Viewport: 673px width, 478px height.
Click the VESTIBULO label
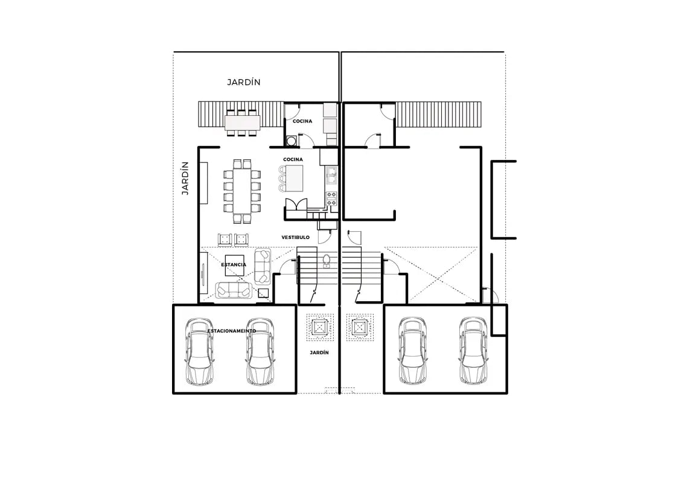click(x=295, y=237)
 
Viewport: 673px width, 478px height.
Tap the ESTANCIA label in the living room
click(x=234, y=265)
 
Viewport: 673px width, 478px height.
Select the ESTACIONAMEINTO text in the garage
click(x=232, y=331)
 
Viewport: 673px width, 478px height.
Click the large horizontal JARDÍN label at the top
click(x=244, y=82)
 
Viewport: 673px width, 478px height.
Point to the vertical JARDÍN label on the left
click(x=186, y=177)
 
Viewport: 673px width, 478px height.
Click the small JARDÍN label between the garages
click(x=319, y=352)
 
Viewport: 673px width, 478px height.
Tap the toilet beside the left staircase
click(x=327, y=261)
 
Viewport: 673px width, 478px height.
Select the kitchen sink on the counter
click(x=331, y=176)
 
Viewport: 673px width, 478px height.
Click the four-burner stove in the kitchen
click(x=331, y=197)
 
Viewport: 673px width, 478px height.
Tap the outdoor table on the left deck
click(x=242, y=123)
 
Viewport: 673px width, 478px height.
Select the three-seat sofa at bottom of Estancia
click(x=235, y=291)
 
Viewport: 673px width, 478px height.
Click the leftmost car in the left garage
click(x=200, y=352)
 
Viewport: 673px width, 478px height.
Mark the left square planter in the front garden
click(x=319, y=328)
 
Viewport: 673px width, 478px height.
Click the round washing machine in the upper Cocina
click(x=291, y=141)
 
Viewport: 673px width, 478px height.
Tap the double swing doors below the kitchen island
click(x=296, y=205)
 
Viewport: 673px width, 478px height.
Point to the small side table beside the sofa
click(x=263, y=293)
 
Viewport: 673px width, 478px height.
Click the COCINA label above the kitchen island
click(x=293, y=159)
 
